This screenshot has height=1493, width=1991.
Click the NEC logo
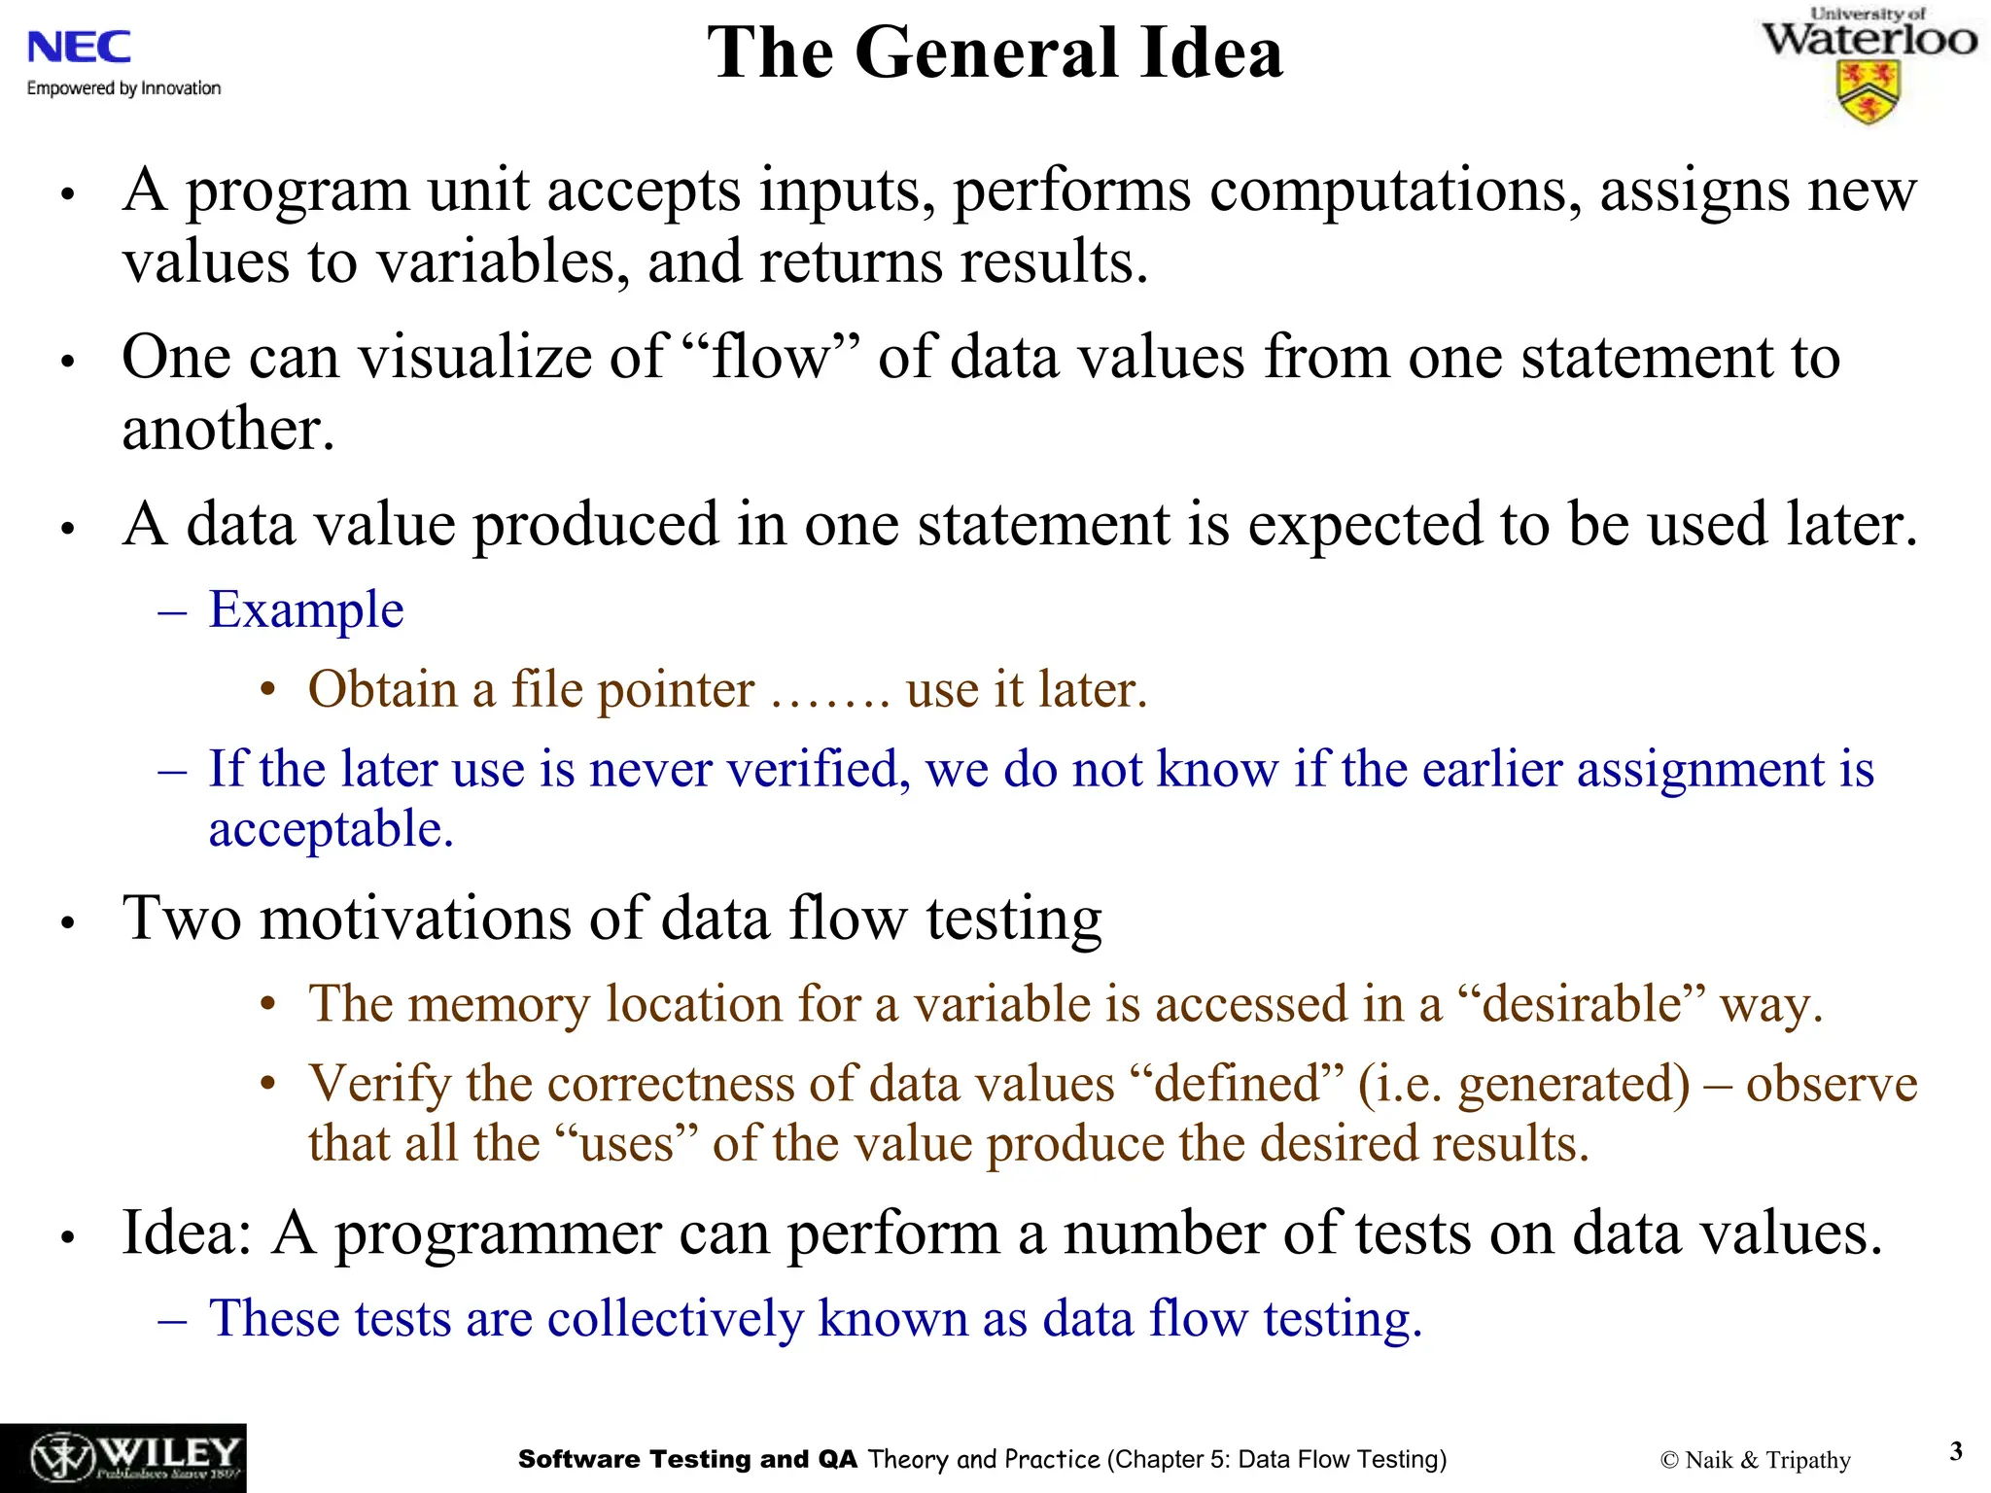point(79,47)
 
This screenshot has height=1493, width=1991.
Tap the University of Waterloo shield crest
point(1868,93)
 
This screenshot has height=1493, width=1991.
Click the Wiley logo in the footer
point(123,1458)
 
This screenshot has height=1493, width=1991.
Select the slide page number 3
point(1956,1451)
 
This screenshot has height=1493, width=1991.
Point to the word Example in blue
point(306,610)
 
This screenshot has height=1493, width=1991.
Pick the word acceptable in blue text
point(331,829)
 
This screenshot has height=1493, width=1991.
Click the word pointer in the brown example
point(676,690)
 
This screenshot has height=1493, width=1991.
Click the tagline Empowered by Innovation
point(123,88)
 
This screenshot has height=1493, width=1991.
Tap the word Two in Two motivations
point(182,918)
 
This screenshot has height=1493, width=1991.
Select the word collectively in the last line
point(676,1319)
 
